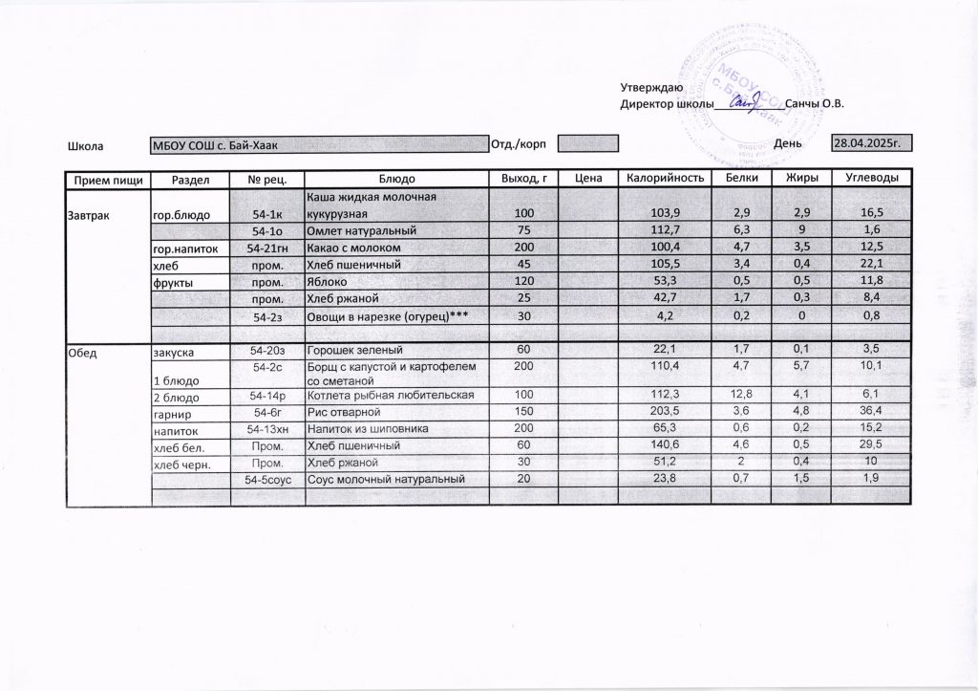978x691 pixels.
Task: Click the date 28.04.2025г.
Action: click(867, 142)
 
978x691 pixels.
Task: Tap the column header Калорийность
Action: click(665, 179)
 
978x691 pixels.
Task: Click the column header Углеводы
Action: click(871, 179)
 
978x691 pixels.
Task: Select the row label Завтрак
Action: click(88, 214)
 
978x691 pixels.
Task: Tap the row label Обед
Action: click(82, 353)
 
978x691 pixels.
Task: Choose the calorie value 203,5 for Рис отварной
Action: click(661, 412)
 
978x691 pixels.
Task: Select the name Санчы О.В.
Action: click(814, 103)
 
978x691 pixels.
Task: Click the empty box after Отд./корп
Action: click(588, 144)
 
